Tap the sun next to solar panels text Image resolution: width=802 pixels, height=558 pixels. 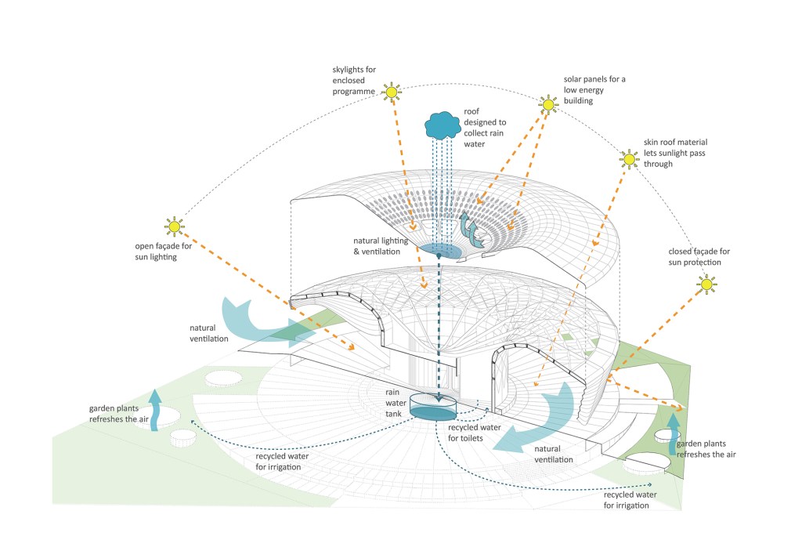click(x=547, y=104)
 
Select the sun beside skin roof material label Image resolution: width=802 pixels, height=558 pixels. click(x=628, y=160)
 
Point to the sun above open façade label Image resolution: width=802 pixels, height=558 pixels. click(x=173, y=227)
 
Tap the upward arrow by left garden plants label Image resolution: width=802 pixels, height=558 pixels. click(x=156, y=409)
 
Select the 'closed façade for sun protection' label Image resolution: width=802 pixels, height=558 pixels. click(x=699, y=256)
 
